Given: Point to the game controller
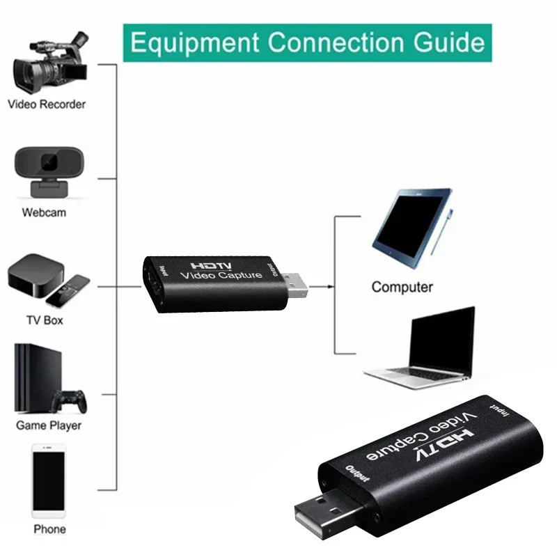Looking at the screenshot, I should pos(69,402).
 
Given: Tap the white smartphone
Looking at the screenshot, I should pos(49,480).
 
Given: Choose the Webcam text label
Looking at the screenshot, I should pos(44,212).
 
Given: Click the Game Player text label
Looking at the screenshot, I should pos(49,425).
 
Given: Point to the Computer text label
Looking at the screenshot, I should pos(402,287).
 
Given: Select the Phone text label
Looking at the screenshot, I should pos(49,529).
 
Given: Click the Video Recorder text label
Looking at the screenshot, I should pos(47,104).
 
